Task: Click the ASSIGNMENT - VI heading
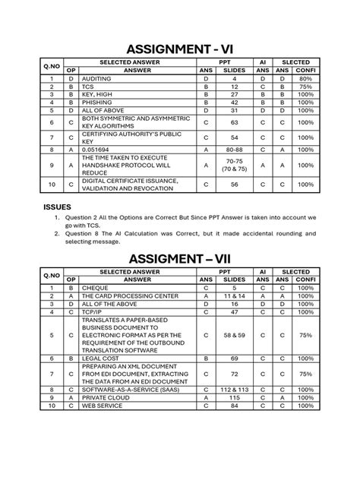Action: [179, 51]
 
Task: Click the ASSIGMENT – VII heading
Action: [179, 258]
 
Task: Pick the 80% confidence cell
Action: [307, 78]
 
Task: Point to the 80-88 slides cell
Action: [234, 150]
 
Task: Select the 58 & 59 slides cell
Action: [235, 334]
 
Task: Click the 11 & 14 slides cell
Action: [235, 296]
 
